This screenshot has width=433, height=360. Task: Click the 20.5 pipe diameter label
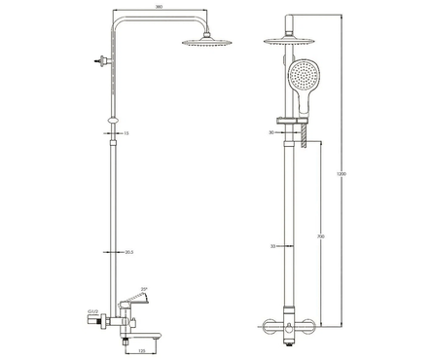click(128, 253)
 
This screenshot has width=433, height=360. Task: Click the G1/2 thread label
click(92, 313)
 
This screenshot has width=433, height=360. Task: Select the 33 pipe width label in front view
click(275, 247)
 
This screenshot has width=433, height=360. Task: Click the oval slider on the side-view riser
click(115, 122)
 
